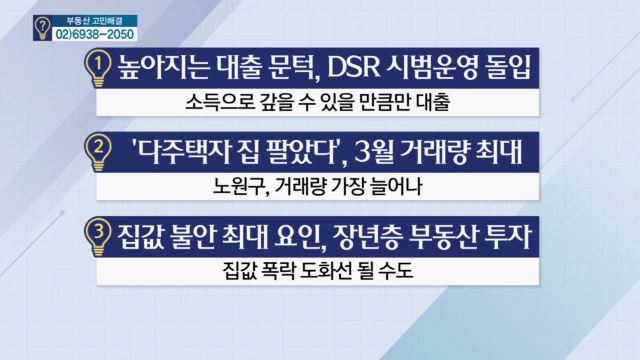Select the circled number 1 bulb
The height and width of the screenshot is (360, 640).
point(97,69)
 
